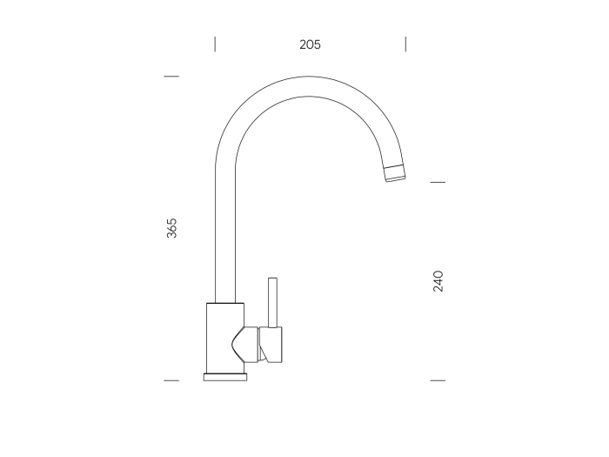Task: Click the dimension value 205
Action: (x=310, y=44)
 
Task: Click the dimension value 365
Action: (x=171, y=228)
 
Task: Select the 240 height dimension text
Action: (x=438, y=281)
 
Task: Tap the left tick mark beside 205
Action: (x=215, y=44)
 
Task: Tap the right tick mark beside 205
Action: (x=405, y=44)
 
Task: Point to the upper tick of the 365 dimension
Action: (x=171, y=77)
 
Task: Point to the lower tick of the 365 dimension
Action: (x=171, y=380)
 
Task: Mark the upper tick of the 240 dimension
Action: (x=438, y=182)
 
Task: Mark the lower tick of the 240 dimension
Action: (x=438, y=380)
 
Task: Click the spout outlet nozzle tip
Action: (x=395, y=173)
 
